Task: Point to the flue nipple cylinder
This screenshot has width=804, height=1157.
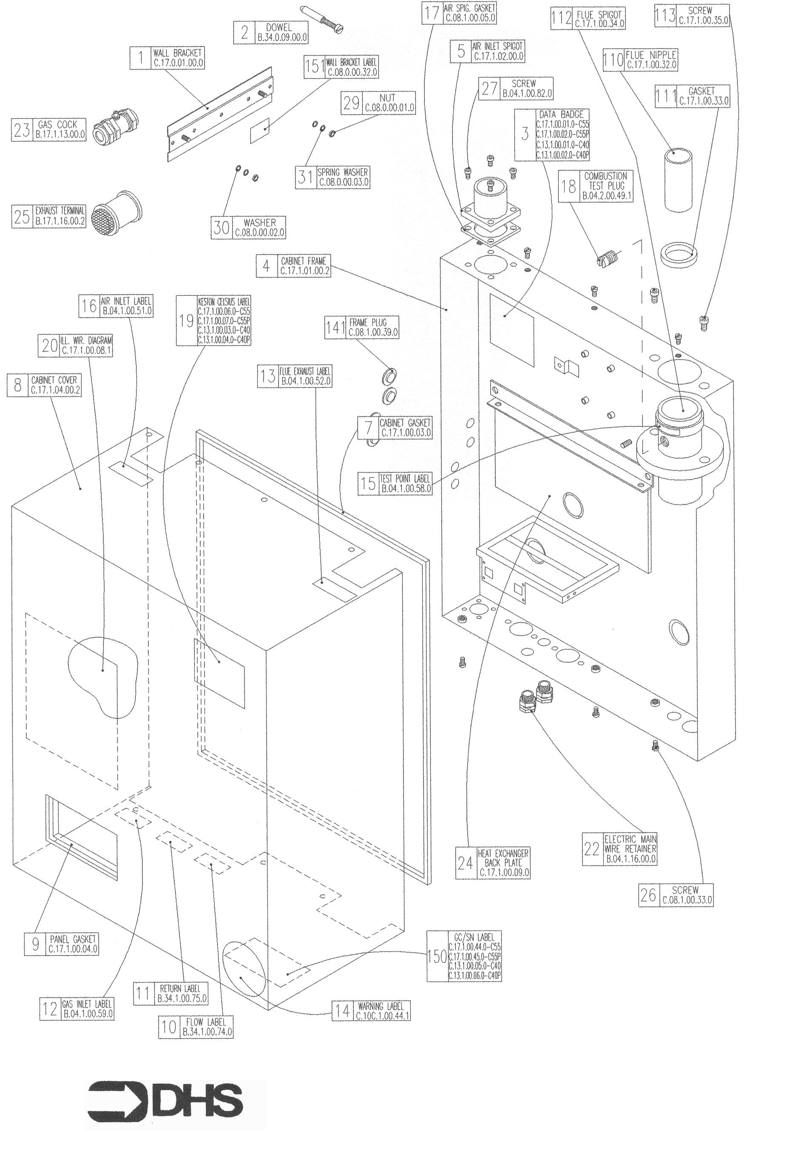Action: (x=677, y=179)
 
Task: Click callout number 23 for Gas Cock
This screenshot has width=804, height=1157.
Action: (x=22, y=131)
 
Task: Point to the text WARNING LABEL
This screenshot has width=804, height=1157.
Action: (x=381, y=1006)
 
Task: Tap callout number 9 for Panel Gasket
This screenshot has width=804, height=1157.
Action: (x=35, y=944)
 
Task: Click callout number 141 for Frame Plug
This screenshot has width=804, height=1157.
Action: (x=335, y=328)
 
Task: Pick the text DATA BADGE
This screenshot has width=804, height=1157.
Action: (x=561, y=114)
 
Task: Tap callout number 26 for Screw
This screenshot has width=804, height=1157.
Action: (x=648, y=895)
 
